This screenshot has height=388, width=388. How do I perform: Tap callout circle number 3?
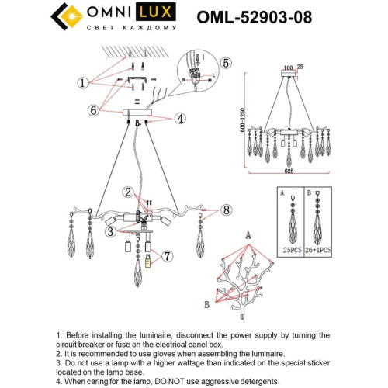[111, 231]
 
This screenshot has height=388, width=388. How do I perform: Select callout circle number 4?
[179, 119]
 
